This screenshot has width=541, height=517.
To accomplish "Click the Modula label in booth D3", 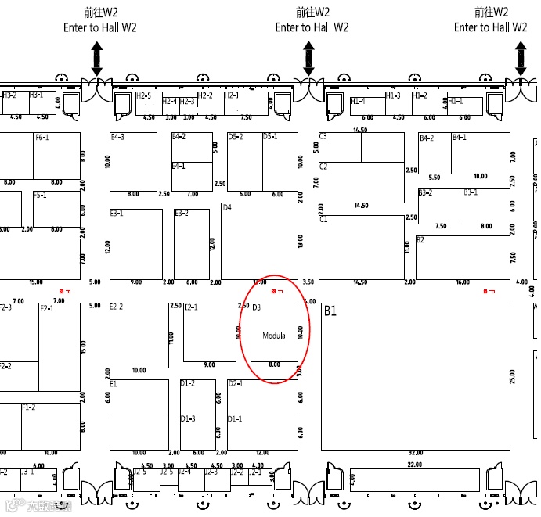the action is point(274,336).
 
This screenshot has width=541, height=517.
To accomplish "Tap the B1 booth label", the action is point(330,311).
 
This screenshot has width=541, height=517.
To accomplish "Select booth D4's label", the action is point(227,208).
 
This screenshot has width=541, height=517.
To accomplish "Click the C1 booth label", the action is point(323,220).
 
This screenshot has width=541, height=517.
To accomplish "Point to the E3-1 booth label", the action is point(117,213).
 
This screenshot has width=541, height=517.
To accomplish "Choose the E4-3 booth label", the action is point(117,137).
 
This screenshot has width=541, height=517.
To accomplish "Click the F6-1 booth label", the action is point(41,137).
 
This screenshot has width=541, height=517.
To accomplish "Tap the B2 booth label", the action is point(420,240).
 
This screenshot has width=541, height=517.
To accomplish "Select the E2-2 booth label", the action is point(117,307).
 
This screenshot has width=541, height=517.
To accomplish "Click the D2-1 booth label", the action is point(235,384).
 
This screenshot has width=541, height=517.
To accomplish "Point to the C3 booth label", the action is point(323,136).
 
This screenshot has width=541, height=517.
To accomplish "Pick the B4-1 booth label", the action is point(459,138).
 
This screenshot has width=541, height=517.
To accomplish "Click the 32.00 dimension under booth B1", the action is point(415,453).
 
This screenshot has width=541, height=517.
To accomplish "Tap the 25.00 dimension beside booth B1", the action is point(513,375).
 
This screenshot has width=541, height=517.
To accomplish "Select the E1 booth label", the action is point(114,384).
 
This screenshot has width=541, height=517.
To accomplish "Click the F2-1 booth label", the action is point(46,308).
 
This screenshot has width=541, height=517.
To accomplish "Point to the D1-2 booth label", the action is point(187,383).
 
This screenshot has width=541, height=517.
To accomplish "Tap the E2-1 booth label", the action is point(190,307).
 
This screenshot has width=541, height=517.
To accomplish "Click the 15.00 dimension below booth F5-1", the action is point(35,282).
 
